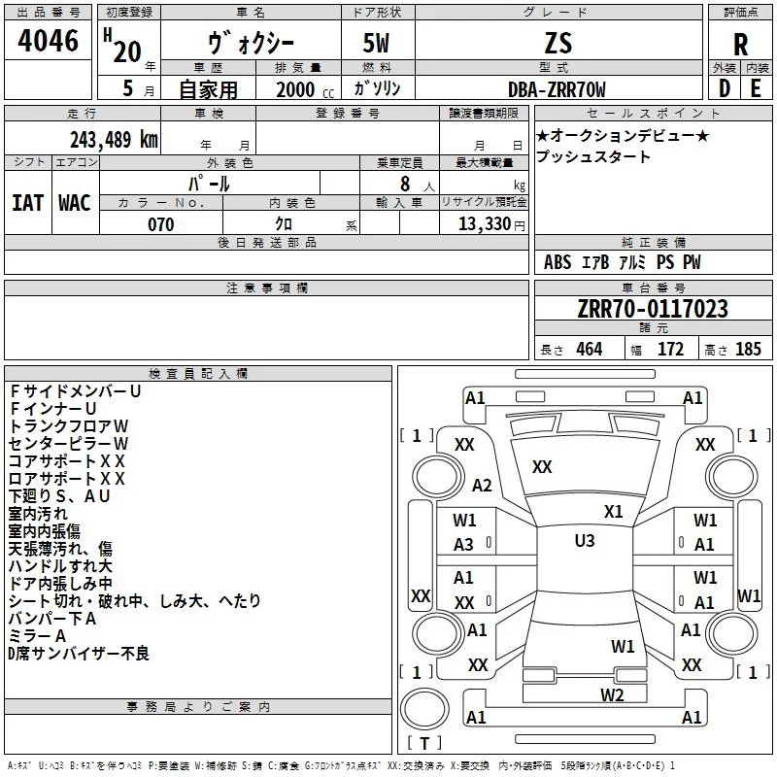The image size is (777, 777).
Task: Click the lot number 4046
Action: point(48,41)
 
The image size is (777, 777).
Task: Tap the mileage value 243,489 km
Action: point(114,140)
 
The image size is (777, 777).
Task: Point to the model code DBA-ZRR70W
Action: point(557,89)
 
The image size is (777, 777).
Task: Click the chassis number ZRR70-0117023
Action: point(653,309)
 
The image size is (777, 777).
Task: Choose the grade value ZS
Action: point(557,43)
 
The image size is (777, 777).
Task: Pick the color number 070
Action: point(161,224)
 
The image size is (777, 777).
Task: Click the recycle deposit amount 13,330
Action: point(485,223)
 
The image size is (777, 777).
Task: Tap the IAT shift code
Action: point(27,203)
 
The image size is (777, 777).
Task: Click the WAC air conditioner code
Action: point(75,203)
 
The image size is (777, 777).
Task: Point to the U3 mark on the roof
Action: point(585,541)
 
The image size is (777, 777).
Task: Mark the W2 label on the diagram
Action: point(612,694)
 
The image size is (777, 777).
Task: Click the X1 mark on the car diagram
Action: point(614,511)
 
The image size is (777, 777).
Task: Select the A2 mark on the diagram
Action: point(482,485)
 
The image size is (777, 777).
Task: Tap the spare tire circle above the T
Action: point(424,709)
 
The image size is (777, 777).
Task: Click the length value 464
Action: point(590,349)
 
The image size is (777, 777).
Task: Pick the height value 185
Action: point(748,349)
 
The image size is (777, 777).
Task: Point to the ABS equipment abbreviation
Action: point(557,262)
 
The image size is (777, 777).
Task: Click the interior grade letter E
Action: point(756,88)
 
